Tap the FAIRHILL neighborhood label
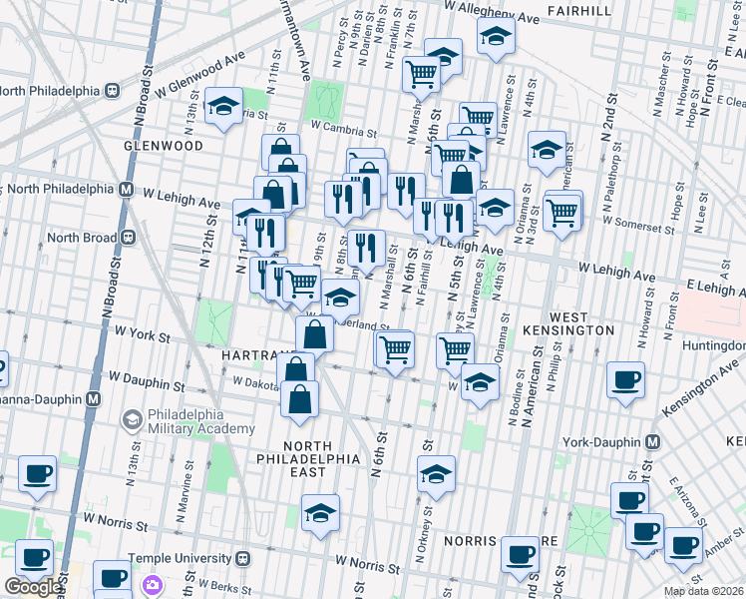(x=578, y=11)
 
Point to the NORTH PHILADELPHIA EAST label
(x=321, y=451)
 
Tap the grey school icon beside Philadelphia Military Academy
(x=131, y=419)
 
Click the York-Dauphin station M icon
(x=653, y=441)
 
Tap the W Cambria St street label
(x=343, y=128)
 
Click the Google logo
(x=33, y=587)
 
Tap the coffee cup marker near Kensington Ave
(x=626, y=379)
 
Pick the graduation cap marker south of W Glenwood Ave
(x=224, y=106)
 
